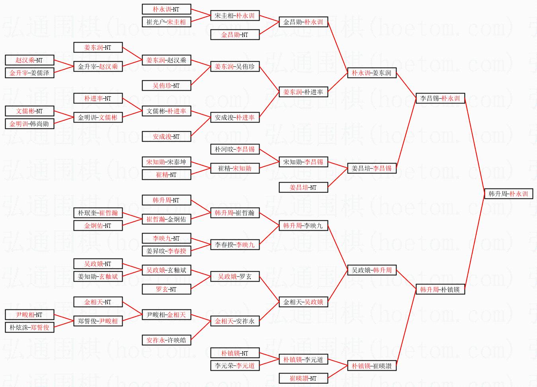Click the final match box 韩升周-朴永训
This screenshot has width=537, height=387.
click(x=508, y=194)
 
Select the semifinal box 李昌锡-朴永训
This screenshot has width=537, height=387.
click(x=440, y=98)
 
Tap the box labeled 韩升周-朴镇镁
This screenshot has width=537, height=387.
click(x=440, y=290)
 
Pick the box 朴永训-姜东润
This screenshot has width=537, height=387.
click(x=371, y=73)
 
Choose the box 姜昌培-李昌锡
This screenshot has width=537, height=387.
click(x=371, y=168)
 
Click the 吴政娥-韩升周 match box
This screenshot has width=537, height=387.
click(x=371, y=270)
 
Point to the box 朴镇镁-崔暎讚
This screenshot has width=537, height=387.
click(x=371, y=366)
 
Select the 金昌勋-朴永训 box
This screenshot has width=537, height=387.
click(x=303, y=22)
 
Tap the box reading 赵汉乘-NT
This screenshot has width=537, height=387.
click(x=29, y=60)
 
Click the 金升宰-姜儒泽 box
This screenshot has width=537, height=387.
click(x=29, y=73)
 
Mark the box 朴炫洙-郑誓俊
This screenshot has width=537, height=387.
click(x=29, y=328)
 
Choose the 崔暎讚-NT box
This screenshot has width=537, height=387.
click(x=303, y=379)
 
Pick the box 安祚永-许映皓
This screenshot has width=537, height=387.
click(x=166, y=340)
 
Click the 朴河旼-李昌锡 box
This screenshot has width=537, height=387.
click(x=234, y=150)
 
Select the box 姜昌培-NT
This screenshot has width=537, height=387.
click(x=303, y=188)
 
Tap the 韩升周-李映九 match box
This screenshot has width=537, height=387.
click(x=303, y=226)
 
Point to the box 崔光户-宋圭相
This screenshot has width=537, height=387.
click(x=166, y=22)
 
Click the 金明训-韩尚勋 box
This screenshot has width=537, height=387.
click(x=29, y=124)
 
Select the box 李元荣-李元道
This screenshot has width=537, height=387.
click(x=234, y=366)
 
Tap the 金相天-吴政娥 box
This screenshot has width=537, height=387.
click(x=303, y=302)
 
